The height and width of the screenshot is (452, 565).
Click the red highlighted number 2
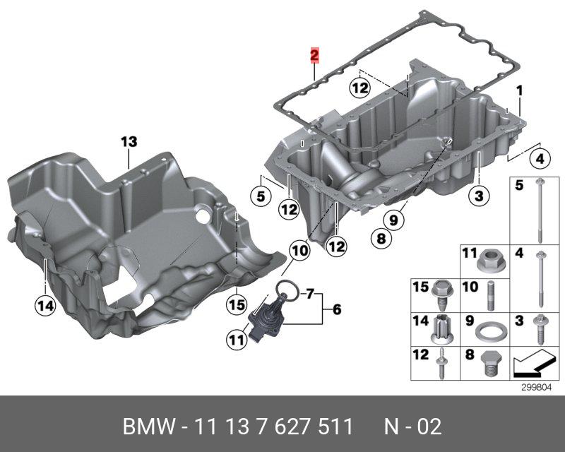(314, 55)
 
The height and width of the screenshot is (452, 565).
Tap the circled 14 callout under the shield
(45, 306)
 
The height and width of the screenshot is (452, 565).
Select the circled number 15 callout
(237, 305)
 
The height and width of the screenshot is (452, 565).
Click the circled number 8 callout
(381, 238)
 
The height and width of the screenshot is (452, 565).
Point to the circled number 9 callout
(393, 219)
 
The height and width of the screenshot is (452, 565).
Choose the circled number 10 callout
(299, 250)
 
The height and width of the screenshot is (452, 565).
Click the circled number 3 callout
(479, 196)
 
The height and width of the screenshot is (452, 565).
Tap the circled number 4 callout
(540, 158)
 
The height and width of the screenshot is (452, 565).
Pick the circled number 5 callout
(261, 196)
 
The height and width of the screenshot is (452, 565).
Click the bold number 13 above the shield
(129, 142)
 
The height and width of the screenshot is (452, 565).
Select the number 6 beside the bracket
(337, 309)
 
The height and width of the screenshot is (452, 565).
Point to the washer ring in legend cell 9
(489, 331)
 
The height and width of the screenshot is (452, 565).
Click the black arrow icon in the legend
(533, 363)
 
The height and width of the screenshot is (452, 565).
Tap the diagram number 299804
(537, 388)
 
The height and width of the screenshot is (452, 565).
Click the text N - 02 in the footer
(412, 427)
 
